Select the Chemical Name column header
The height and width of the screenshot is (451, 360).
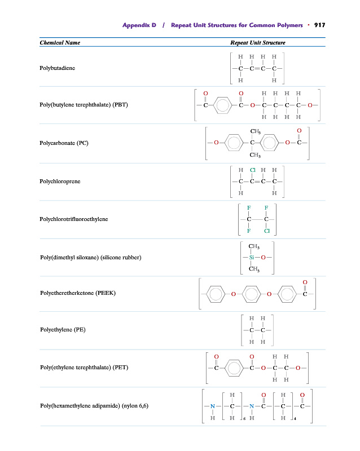(60, 43)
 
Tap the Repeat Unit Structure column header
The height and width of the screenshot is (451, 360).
(258, 43)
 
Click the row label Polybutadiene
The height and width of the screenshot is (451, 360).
(57, 68)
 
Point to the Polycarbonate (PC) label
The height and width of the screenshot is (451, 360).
(64, 143)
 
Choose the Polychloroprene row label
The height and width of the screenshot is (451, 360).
(60, 182)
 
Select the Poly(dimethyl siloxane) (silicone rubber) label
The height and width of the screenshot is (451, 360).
(90, 258)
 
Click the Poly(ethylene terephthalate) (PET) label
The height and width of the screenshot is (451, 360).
(84, 368)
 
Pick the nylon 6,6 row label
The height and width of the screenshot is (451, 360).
(94, 406)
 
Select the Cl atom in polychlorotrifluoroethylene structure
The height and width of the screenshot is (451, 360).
(266, 231)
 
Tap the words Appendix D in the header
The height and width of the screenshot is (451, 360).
(139, 25)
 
